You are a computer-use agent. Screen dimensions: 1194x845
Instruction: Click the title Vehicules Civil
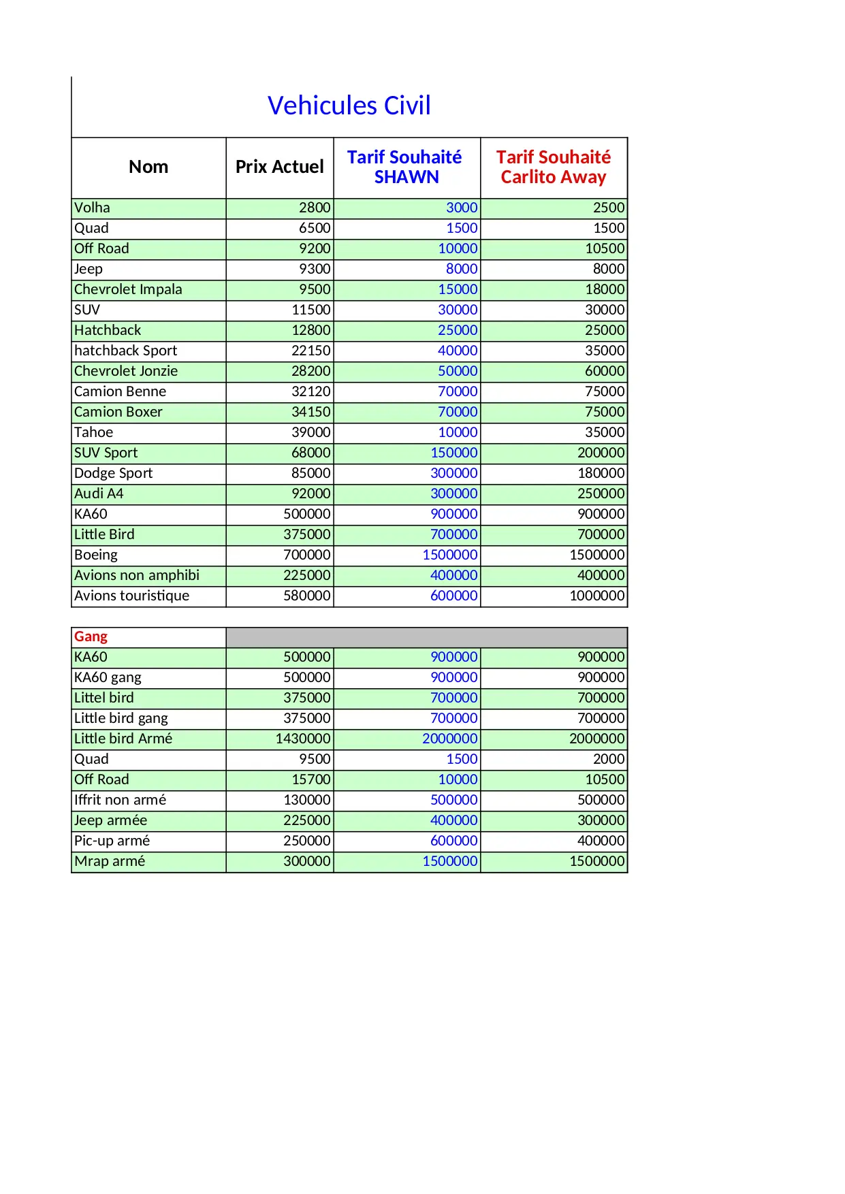(x=349, y=106)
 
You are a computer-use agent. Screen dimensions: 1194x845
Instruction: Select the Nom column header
(x=148, y=167)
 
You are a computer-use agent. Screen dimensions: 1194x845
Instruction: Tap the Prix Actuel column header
(x=279, y=167)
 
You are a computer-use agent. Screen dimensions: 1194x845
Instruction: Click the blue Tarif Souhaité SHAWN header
(x=405, y=167)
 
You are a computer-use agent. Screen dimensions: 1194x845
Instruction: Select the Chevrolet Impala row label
(x=128, y=289)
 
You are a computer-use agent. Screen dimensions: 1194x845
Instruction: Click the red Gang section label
(x=91, y=636)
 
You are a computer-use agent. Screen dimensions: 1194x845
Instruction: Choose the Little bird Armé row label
(x=123, y=739)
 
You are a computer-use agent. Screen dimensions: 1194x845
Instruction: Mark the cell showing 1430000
(x=303, y=739)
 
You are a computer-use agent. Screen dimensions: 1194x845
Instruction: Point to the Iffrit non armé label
(x=120, y=800)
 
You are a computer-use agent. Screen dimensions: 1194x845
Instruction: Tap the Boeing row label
(x=96, y=555)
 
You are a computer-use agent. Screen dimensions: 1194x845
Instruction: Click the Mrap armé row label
(x=110, y=861)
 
